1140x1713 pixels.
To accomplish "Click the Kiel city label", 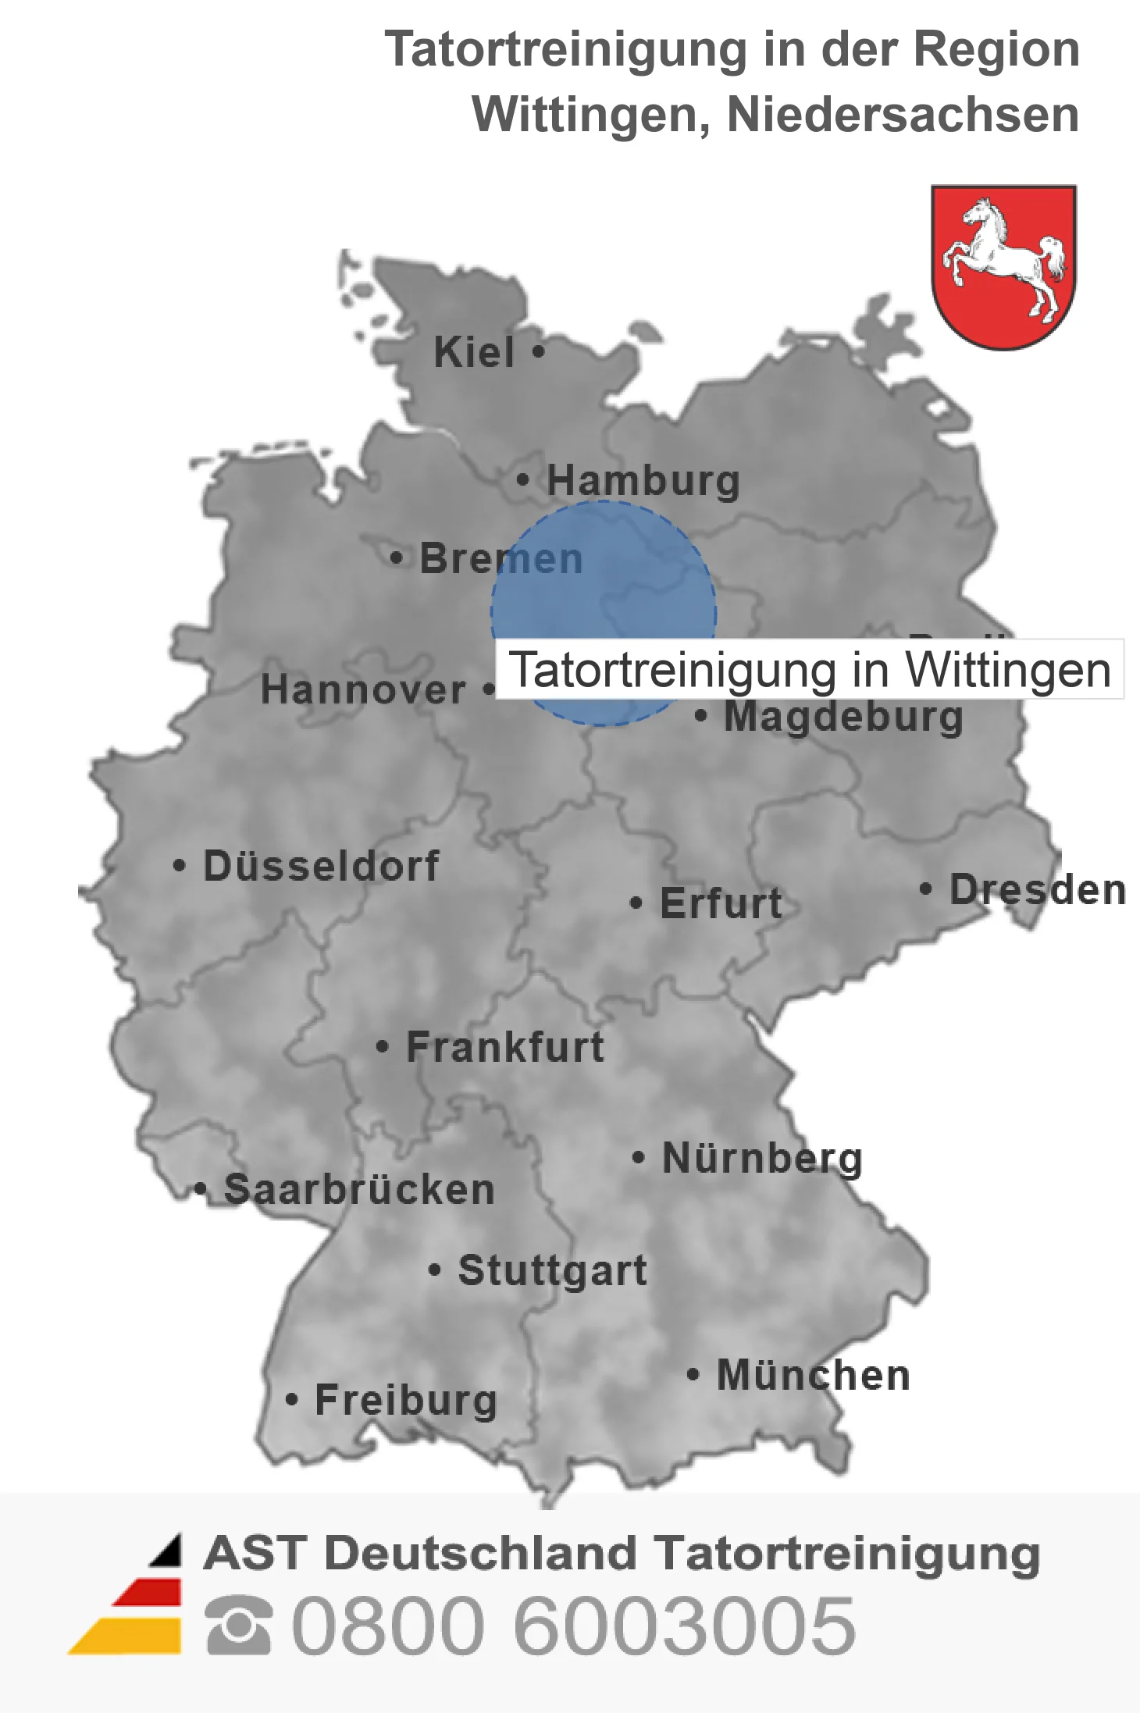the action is (x=474, y=352).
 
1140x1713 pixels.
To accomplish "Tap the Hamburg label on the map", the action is (x=643, y=480).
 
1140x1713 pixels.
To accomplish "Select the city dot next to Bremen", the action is (x=397, y=558).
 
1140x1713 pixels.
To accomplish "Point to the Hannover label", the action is (x=363, y=690).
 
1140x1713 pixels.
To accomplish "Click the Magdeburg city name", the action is (x=843, y=718).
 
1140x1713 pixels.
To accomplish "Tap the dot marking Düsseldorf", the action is (x=180, y=866).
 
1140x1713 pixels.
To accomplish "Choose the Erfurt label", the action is (x=721, y=903).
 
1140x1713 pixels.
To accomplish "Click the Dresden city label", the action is (x=1038, y=889).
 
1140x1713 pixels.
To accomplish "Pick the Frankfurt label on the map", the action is (x=505, y=1047).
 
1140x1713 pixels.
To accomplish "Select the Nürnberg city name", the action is (x=762, y=1158).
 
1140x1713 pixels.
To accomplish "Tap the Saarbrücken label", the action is (x=359, y=1190).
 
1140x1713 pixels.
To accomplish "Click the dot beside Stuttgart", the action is (x=435, y=1270).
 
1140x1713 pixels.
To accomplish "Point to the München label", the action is (x=814, y=1375).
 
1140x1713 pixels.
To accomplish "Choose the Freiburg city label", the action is (x=406, y=1400).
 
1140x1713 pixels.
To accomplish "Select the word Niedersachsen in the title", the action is (x=903, y=115).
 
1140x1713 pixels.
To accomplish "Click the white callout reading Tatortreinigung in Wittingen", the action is (x=810, y=670).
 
